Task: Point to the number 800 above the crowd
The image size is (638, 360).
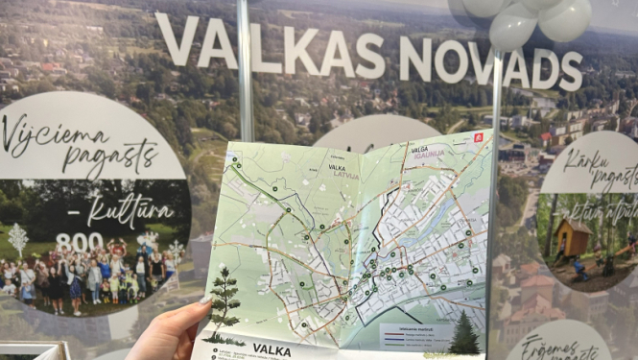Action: click(x=79, y=242)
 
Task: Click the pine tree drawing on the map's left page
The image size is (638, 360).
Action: click(x=224, y=301)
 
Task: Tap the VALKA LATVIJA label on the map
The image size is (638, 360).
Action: click(x=343, y=170)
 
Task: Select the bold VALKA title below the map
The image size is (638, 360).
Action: click(x=272, y=350)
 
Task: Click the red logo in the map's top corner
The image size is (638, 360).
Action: click(x=479, y=137)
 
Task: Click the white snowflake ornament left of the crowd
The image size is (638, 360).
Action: click(x=18, y=239)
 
